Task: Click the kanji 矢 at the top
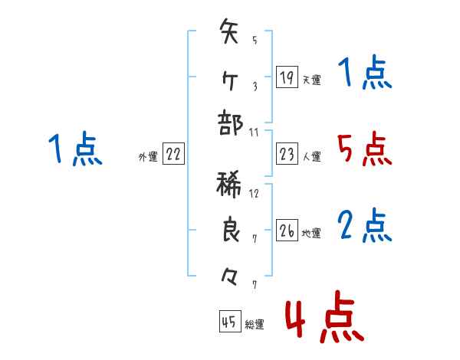(230, 35)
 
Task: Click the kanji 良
(230, 229)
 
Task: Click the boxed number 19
(287, 77)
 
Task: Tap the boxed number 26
(287, 231)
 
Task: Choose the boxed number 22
(173, 155)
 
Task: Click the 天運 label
(312, 80)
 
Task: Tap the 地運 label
(312, 233)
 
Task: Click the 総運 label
(255, 325)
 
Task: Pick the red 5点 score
(364, 149)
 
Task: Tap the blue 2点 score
(364, 225)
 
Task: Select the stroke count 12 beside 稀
(255, 194)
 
